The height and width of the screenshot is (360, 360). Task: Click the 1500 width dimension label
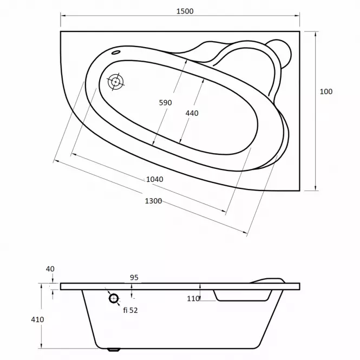coord(185,11)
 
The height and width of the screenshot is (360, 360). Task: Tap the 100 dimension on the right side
coord(326,91)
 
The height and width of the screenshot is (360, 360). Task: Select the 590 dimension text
coord(165,103)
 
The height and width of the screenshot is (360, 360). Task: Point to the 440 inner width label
coord(192,113)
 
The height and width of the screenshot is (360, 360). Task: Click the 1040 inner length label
coord(155,179)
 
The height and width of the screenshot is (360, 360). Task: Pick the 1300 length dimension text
coord(153,201)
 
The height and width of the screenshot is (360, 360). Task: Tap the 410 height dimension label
coord(37,319)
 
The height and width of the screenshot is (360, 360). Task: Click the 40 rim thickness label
coord(50,269)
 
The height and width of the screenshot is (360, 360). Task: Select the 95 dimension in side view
coord(134,278)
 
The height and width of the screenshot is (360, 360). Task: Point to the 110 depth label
coord(193,299)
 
